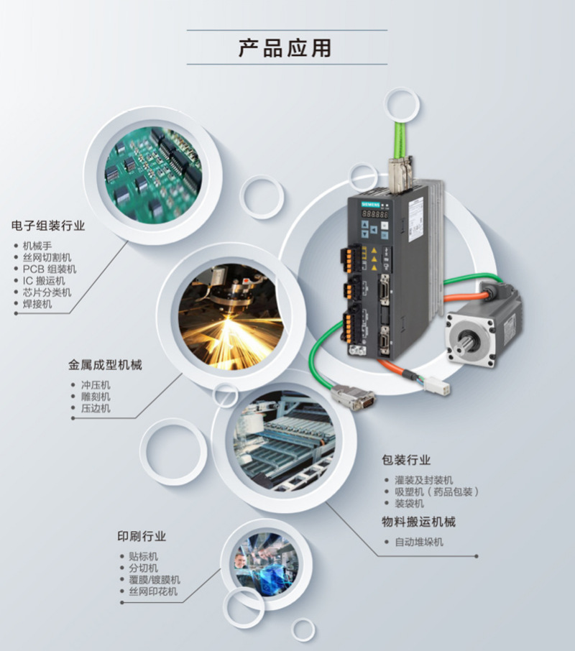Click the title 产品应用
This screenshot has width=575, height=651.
285,47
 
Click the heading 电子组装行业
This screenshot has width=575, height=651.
48,226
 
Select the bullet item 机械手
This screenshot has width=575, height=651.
37,245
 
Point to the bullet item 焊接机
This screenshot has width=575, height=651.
37,304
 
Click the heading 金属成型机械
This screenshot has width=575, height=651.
105,365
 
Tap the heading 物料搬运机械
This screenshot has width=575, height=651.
418,522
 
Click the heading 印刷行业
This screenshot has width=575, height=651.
142,536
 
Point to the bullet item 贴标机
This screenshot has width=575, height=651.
143,556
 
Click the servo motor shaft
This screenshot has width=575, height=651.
464,335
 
